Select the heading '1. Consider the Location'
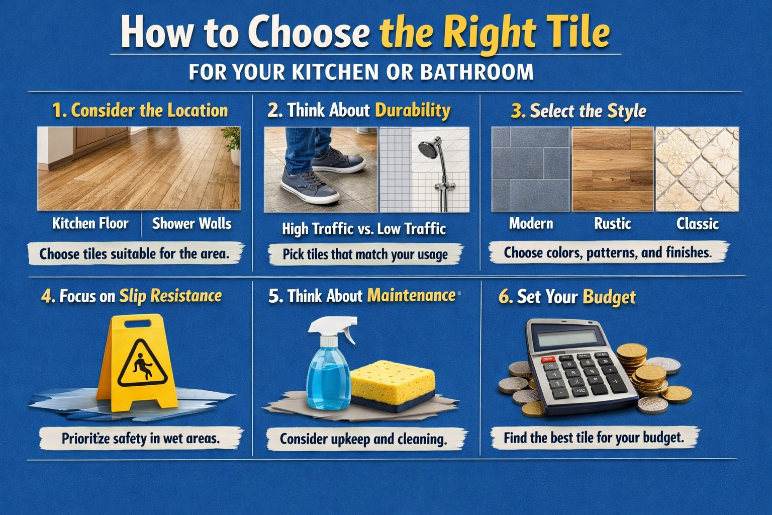[140, 111]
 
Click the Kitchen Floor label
[90, 223]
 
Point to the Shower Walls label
[191, 223]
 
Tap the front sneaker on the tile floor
[309, 186]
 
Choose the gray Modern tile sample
[530, 169]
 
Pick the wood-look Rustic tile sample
[613, 169]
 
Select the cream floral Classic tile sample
[697, 169]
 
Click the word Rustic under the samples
[613, 223]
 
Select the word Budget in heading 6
[609, 297]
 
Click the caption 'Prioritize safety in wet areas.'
[141, 439]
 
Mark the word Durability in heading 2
[413, 111]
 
